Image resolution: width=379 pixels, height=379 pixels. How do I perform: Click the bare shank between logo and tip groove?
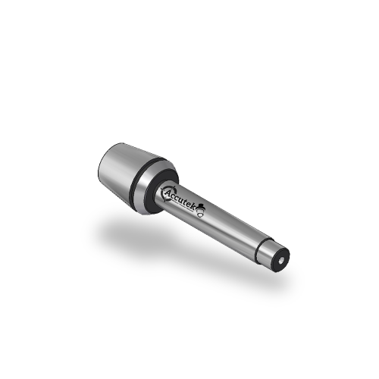click(235, 227)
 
